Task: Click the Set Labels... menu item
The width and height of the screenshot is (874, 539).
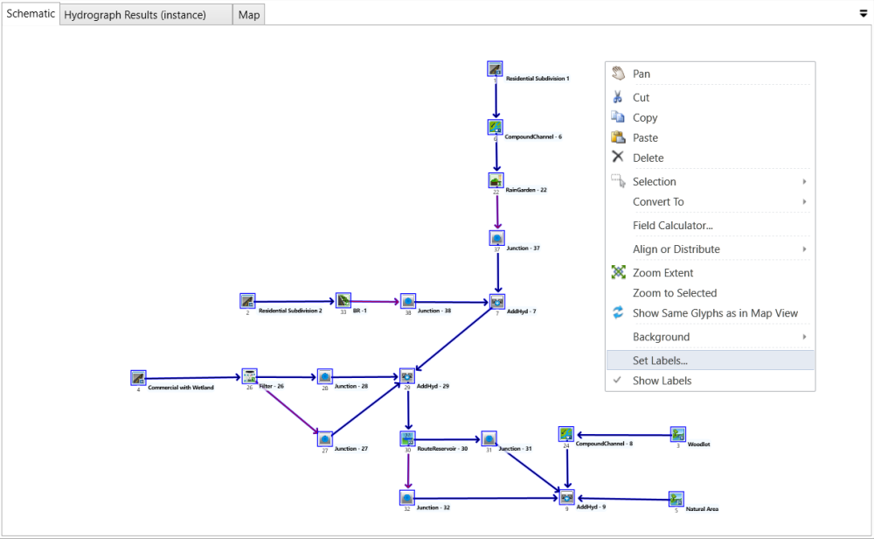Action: pyautogui.click(x=660, y=360)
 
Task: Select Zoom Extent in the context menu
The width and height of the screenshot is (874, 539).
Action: pyautogui.click(x=662, y=273)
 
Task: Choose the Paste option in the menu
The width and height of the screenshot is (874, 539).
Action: pyautogui.click(x=645, y=138)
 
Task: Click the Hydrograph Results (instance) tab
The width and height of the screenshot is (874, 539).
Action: pyautogui.click(x=135, y=15)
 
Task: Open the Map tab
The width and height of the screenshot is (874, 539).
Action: pyautogui.click(x=249, y=15)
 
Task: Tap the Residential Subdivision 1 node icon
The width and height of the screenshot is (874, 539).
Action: pyautogui.click(x=495, y=69)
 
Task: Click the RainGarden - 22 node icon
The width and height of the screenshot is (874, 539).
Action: pyautogui.click(x=496, y=180)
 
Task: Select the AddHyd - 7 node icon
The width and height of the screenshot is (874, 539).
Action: pyautogui.click(x=497, y=302)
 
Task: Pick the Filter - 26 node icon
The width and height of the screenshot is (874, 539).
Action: pyautogui.click(x=249, y=376)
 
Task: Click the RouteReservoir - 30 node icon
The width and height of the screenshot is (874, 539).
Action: pyautogui.click(x=407, y=438)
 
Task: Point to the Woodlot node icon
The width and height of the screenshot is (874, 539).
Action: pyautogui.click(x=677, y=434)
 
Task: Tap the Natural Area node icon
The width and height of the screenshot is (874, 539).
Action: pyautogui.click(x=676, y=499)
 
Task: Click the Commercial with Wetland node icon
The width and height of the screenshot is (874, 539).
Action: pyautogui.click(x=138, y=377)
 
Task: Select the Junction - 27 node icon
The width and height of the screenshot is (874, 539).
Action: pyautogui.click(x=325, y=438)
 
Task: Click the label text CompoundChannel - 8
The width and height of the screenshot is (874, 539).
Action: pyautogui.click(x=604, y=444)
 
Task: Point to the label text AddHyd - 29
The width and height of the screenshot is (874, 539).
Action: pyautogui.click(x=433, y=386)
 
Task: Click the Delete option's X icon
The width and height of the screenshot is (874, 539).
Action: pyautogui.click(x=618, y=157)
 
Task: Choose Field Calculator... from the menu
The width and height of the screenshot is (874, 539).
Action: pyautogui.click(x=672, y=226)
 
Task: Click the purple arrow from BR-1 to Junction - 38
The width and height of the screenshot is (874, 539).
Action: pyautogui.click(x=374, y=301)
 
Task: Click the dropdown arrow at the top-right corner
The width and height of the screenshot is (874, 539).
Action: pyautogui.click(x=863, y=14)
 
